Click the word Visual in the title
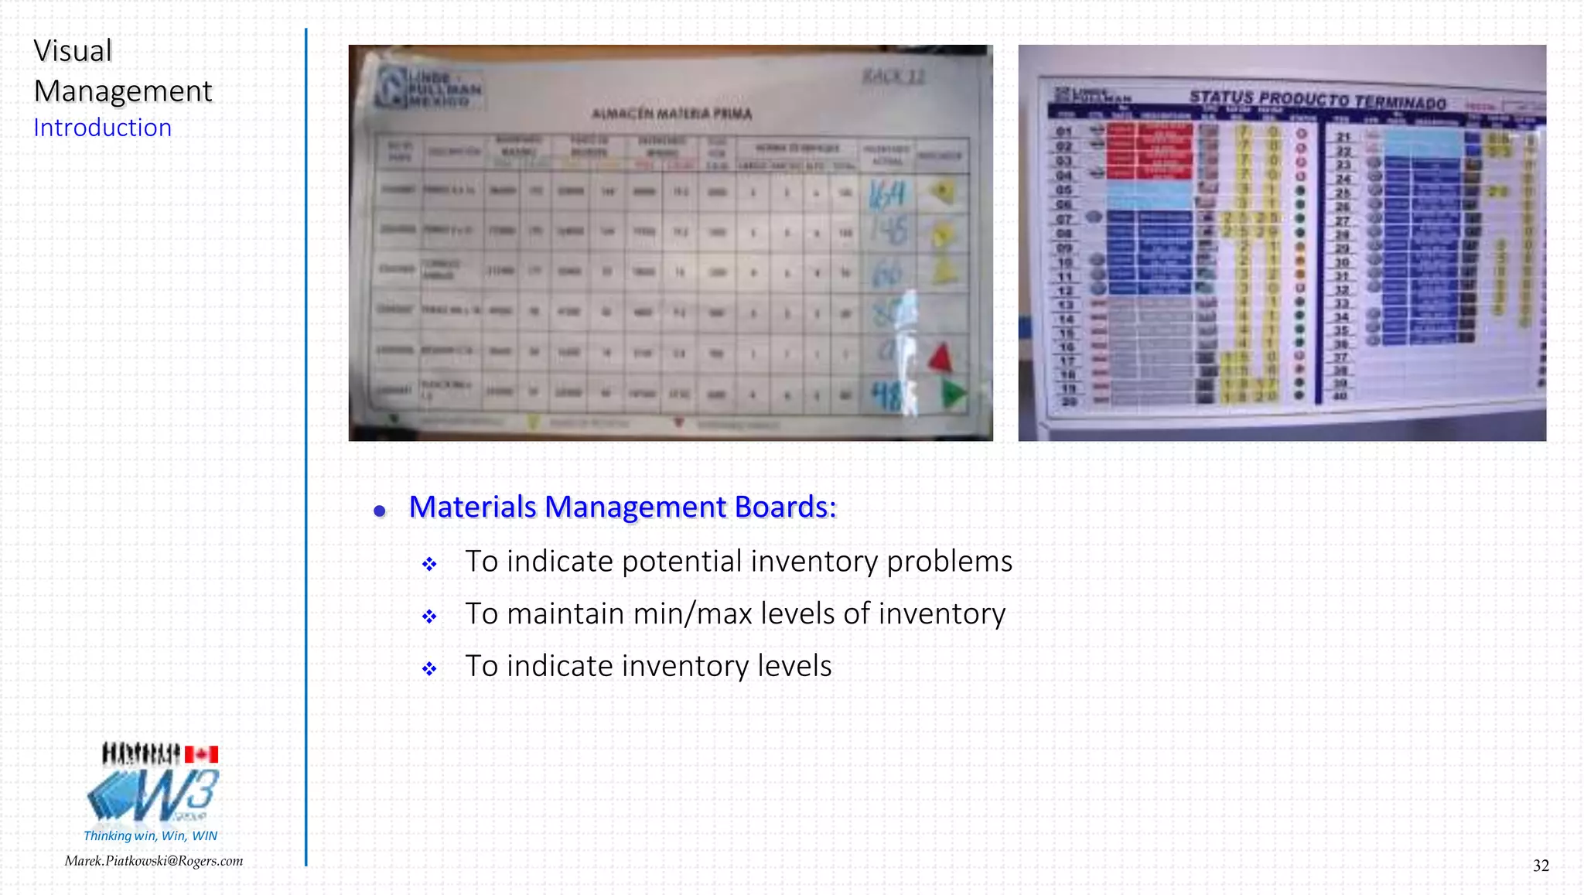[x=73, y=51]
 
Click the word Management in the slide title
[x=123, y=91]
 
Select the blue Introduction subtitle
[x=102, y=128]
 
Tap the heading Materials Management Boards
[x=622, y=507]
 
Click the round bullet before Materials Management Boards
[x=379, y=511]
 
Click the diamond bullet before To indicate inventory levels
[x=429, y=669]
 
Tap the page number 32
[x=1541, y=866]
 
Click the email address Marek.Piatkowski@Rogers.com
[x=153, y=861]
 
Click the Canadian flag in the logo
[x=201, y=754]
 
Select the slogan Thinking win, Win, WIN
[x=150, y=835]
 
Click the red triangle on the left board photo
[x=940, y=358]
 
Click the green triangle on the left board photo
[x=954, y=394]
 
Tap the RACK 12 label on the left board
[x=893, y=77]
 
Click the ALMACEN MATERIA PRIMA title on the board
[x=671, y=114]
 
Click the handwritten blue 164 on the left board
[x=886, y=193]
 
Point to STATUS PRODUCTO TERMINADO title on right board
[x=1317, y=100]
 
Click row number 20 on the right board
[x=1069, y=401]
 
